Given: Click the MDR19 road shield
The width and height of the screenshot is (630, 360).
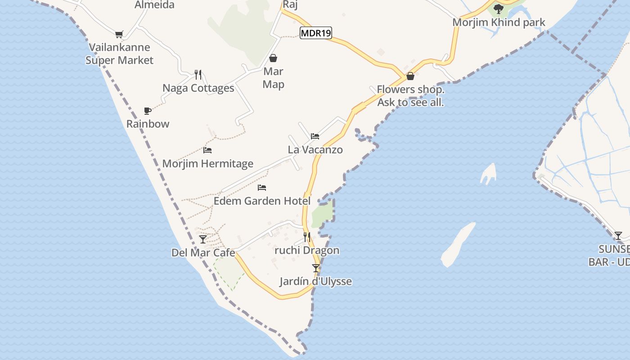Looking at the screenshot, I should click(x=316, y=33).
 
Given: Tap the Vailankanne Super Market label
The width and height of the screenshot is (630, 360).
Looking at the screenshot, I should click(x=120, y=54).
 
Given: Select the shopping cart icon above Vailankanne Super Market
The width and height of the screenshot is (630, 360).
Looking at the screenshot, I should click(x=119, y=34).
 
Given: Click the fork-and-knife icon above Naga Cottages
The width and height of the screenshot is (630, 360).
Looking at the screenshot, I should click(x=198, y=74).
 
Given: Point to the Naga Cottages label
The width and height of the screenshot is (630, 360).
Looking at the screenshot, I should click(x=198, y=88).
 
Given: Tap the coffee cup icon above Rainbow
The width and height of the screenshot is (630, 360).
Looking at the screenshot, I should click(x=147, y=111).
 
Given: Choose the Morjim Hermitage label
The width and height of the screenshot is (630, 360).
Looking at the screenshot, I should click(x=208, y=163).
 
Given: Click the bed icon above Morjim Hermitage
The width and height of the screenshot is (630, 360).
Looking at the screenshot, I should click(x=207, y=150).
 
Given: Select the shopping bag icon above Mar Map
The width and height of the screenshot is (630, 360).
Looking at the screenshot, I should click(x=273, y=58).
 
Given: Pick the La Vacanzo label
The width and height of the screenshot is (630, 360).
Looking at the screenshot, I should click(x=315, y=149).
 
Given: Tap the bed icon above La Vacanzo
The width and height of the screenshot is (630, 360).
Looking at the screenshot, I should click(x=315, y=136).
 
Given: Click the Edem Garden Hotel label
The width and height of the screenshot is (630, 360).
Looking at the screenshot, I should click(x=262, y=201).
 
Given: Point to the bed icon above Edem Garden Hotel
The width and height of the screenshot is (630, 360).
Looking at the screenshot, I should click(x=262, y=187).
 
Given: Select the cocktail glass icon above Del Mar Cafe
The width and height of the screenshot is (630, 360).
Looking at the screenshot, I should click(x=203, y=239).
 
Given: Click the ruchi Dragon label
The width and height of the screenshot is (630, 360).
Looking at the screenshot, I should click(x=307, y=250).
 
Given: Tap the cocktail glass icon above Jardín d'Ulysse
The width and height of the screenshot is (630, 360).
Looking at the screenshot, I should click(x=316, y=268).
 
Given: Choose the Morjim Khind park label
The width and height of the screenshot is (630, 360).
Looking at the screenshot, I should click(x=499, y=22).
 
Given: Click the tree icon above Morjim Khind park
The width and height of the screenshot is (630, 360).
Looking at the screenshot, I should click(x=498, y=9).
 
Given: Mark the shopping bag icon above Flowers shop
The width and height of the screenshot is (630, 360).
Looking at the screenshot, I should click(x=410, y=76).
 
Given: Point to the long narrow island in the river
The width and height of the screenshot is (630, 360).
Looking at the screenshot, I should click(x=458, y=244).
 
